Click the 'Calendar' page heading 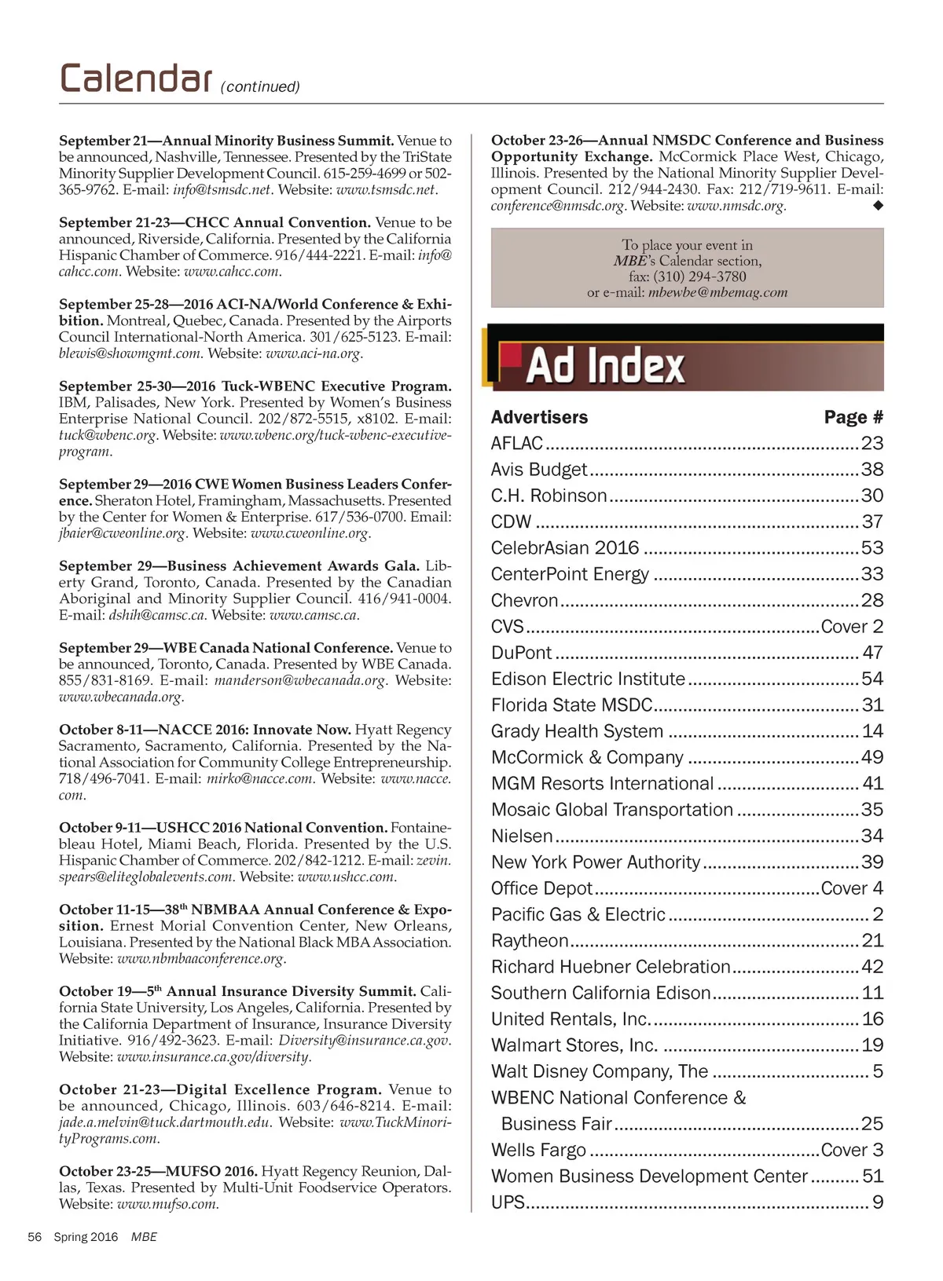[135, 79]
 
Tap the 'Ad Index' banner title [605, 366]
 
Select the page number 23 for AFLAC [872, 444]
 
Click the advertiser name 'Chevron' [524, 601]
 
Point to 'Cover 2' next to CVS [852, 627]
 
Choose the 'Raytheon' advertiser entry [530, 941]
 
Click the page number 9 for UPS [878, 1202]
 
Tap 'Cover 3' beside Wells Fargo [852, 1151]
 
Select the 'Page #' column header [853, 418]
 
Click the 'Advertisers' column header [539, 418]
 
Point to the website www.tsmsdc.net [386, 190]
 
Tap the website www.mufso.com [167, 1205]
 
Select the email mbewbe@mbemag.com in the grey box [717, 293]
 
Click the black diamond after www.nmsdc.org [878, 206]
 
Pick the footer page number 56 [35, 1237]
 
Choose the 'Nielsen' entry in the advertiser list [522, 836]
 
